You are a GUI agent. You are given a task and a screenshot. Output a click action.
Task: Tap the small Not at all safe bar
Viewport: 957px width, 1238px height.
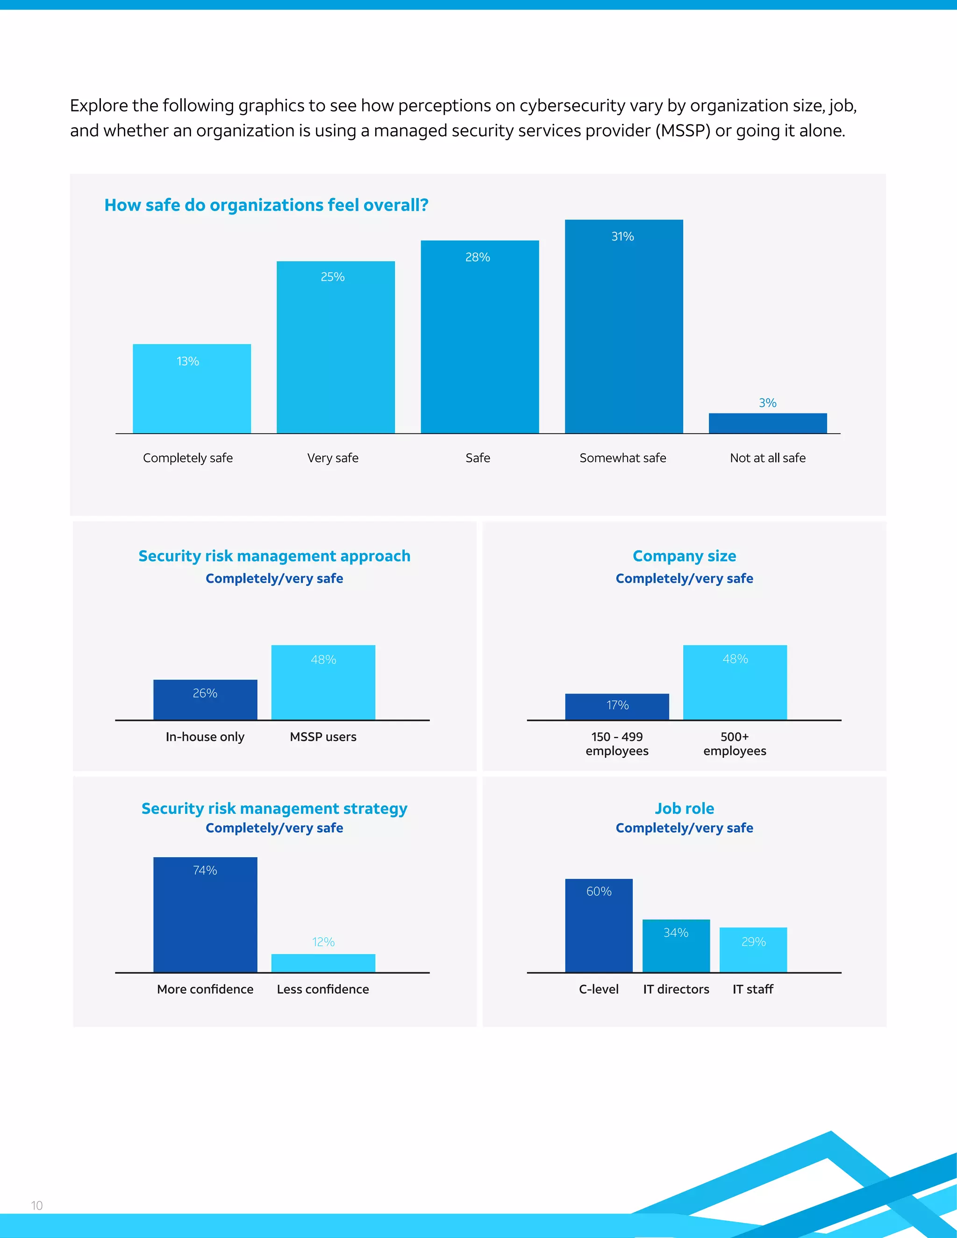point(768,423)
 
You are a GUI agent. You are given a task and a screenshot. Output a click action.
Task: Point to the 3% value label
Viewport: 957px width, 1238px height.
point(768,403)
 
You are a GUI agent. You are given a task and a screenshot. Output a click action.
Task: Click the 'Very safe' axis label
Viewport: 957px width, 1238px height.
point(333,458)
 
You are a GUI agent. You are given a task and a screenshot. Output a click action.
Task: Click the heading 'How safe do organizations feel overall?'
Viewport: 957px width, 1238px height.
point(266,205)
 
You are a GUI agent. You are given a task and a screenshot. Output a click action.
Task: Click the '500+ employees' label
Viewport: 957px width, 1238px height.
point(735,744)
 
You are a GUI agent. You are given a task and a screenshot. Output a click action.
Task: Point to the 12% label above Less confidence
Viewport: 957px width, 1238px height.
point(323,942)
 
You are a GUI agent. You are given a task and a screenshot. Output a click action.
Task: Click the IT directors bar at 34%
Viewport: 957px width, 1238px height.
point(676,946)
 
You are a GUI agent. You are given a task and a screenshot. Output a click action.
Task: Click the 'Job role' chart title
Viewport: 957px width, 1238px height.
point(684,808)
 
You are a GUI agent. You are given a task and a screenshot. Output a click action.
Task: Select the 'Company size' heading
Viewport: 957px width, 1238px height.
point(684,556)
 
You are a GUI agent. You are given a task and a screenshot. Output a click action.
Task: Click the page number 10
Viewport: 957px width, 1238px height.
point(37,1206)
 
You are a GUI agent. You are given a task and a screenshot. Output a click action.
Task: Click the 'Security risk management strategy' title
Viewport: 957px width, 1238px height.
point(274,808)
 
